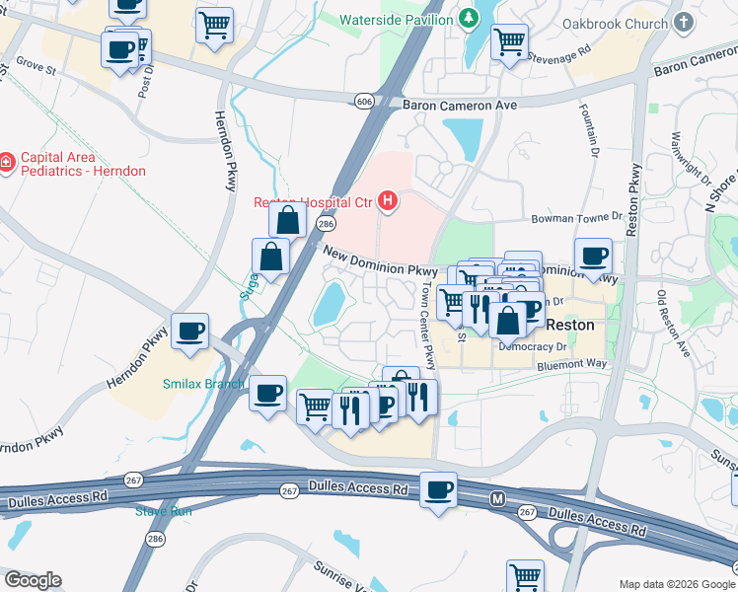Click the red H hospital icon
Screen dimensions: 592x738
pyautogui.click(x=388, y=203)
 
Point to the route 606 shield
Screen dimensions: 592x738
pyautogui.click(x=365, y=101)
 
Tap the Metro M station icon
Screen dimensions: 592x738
pyautogui.click(x=497, y=501)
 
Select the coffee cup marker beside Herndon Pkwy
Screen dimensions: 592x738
pyautogui.click(x=189, y=331)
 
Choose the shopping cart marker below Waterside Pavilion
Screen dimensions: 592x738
pyautogui.click(x=509, y=42)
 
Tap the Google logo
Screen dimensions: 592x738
pyautogui.click(x=32, y=580)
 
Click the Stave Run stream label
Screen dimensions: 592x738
pyautogui.click(x=164, y=510)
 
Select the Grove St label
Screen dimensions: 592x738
pyautogui.click(x=36, y=67)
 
